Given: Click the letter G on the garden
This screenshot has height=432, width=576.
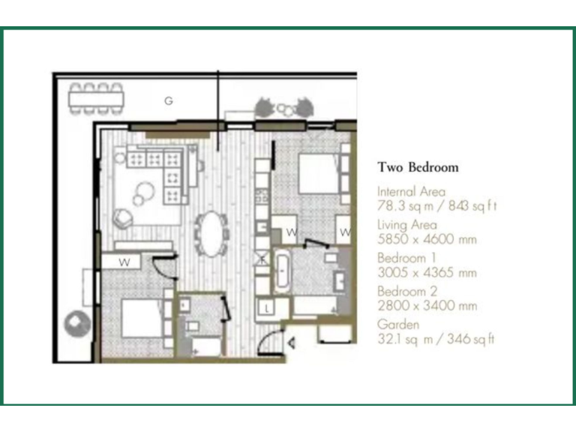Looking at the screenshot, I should click(x=169, y=100).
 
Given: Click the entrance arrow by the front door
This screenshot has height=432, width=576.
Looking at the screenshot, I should click(x=292, y=343).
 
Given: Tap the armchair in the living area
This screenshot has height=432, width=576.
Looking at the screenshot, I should click(x=122, y=217).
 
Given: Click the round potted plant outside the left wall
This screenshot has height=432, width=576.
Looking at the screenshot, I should click(x=77, y=324).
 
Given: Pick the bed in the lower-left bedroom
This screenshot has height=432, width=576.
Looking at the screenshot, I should click(x=141, y=319).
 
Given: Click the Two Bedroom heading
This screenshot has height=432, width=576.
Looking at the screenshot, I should click(x=418, y=167).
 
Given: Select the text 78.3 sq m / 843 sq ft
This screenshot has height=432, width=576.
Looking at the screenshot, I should click(x=437, y=206).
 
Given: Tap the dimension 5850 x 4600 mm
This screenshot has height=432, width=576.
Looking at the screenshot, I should click(x=427, y=239).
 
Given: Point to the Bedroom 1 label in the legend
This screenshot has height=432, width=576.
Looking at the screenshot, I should click(x=405, y=258).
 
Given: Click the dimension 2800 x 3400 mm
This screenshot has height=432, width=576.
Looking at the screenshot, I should click(x=427, y=306).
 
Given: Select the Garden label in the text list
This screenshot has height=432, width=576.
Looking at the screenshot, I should click(x=398, y=325).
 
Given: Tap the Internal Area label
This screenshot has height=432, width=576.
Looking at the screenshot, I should click(x=411, y=192).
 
